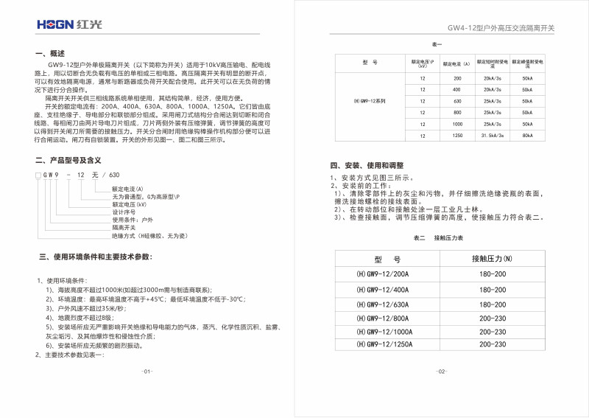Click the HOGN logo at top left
coord(65,25)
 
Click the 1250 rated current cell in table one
coord(457,136)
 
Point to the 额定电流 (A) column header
coord(456,65)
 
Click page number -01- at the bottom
coord(147,371)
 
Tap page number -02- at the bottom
coord(442,371)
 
